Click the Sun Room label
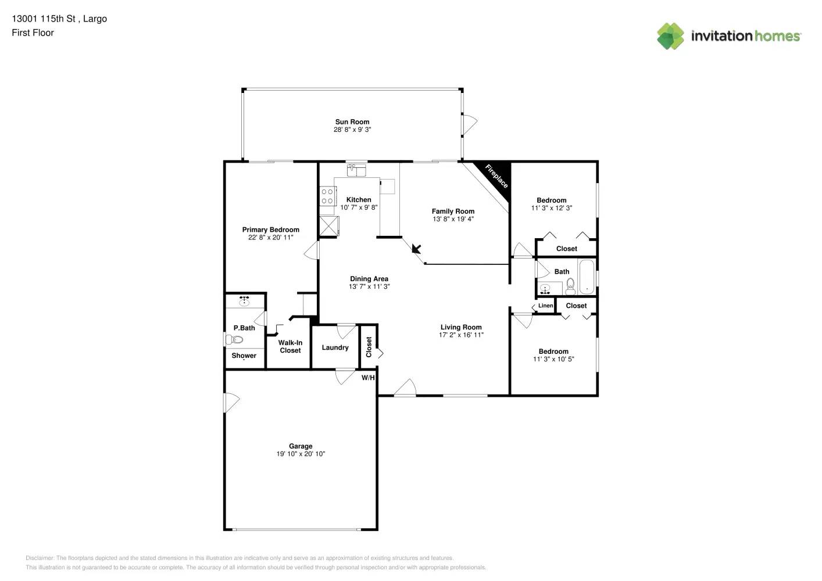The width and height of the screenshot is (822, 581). [352, 122]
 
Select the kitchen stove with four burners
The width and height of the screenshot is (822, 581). [327, 196]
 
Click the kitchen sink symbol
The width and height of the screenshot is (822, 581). [356, 170]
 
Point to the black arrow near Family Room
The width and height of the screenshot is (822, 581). [416, 249]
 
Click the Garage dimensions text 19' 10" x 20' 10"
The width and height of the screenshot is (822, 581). [301, 454]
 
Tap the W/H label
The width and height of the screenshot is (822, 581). [368, 378]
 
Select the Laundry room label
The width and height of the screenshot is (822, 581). [335, 347]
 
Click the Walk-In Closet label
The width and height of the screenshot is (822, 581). [290, 347]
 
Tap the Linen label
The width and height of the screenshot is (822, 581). [545, 306]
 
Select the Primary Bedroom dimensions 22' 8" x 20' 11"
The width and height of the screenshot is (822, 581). [270, 238]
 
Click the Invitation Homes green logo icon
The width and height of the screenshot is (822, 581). [670, 36]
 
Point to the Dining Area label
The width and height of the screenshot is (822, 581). [369, 279]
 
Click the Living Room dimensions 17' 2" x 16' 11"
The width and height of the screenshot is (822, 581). [461, 335]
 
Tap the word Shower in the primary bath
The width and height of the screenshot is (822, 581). [244, 356]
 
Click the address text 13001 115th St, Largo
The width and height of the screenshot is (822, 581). [59, 19]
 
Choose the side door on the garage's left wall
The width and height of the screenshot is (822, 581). [231, 402]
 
